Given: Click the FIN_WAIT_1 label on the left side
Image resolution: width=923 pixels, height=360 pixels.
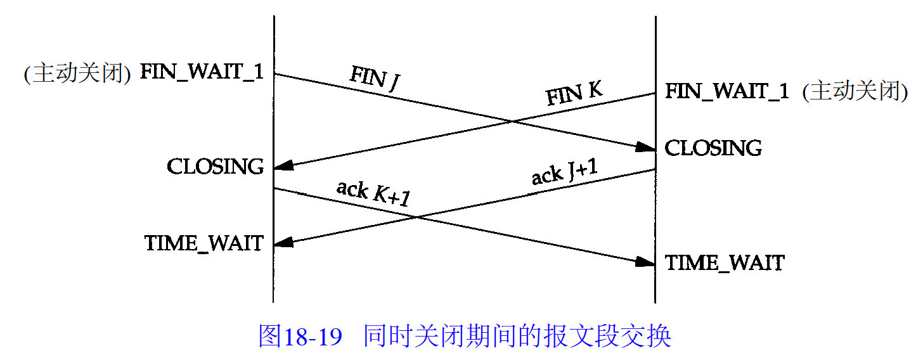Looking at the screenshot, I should pyautogui.click(x=201, y=72).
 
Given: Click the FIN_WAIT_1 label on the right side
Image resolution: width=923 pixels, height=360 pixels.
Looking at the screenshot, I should pyautogui.click(x=726, y=91).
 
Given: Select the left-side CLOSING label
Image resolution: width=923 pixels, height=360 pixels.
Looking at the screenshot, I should pyautogui.click(x=216, y=167).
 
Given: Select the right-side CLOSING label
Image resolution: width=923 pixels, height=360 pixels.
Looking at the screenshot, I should pyautogui.click(x=713, y=148).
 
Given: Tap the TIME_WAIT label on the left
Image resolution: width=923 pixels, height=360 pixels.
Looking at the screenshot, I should pyautogui.click(x=203, y=243).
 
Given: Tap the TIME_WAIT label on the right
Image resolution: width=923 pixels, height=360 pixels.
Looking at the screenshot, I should pyautogui.click(x=725, y=262).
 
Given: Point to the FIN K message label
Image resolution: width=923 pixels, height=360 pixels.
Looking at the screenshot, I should pyautogui.click(x=574, y=94).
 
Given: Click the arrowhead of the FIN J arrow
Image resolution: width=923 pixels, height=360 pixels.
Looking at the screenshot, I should pyautogui.click(x=647, y=148).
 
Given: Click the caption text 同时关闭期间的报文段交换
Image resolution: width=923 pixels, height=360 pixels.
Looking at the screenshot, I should pyautogui.click(x=517, y=336).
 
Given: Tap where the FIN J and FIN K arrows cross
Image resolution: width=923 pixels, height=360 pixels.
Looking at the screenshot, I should pyautogui.click(x=511, y=120).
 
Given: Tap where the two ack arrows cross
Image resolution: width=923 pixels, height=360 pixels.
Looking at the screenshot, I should pyautogui.click(x=416, y=217).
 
